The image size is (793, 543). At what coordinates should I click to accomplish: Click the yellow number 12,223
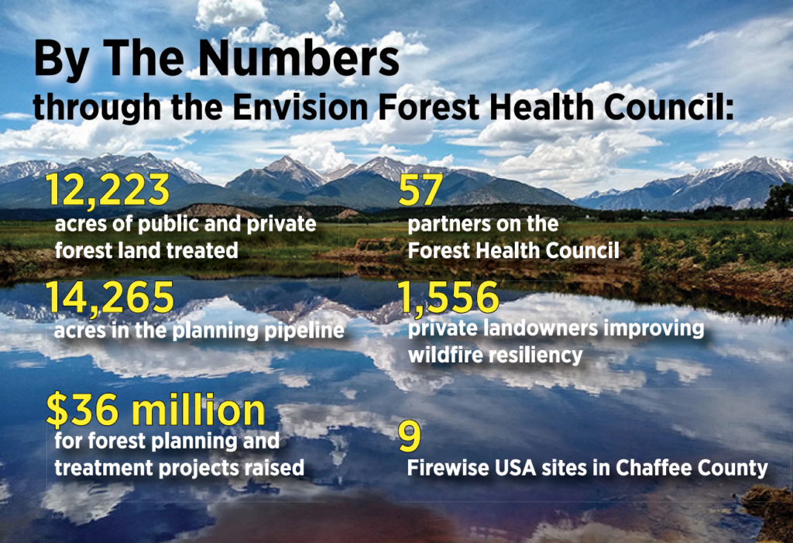click(x=108, y=191)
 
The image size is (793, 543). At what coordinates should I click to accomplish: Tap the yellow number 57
click(x=421, y=191)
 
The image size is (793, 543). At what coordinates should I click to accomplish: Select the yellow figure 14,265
click(x=110, y=297)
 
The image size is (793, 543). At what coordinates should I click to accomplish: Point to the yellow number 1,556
click(x=448, y=297)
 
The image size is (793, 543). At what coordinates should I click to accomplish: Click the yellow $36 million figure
click(x=156, y=410)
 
